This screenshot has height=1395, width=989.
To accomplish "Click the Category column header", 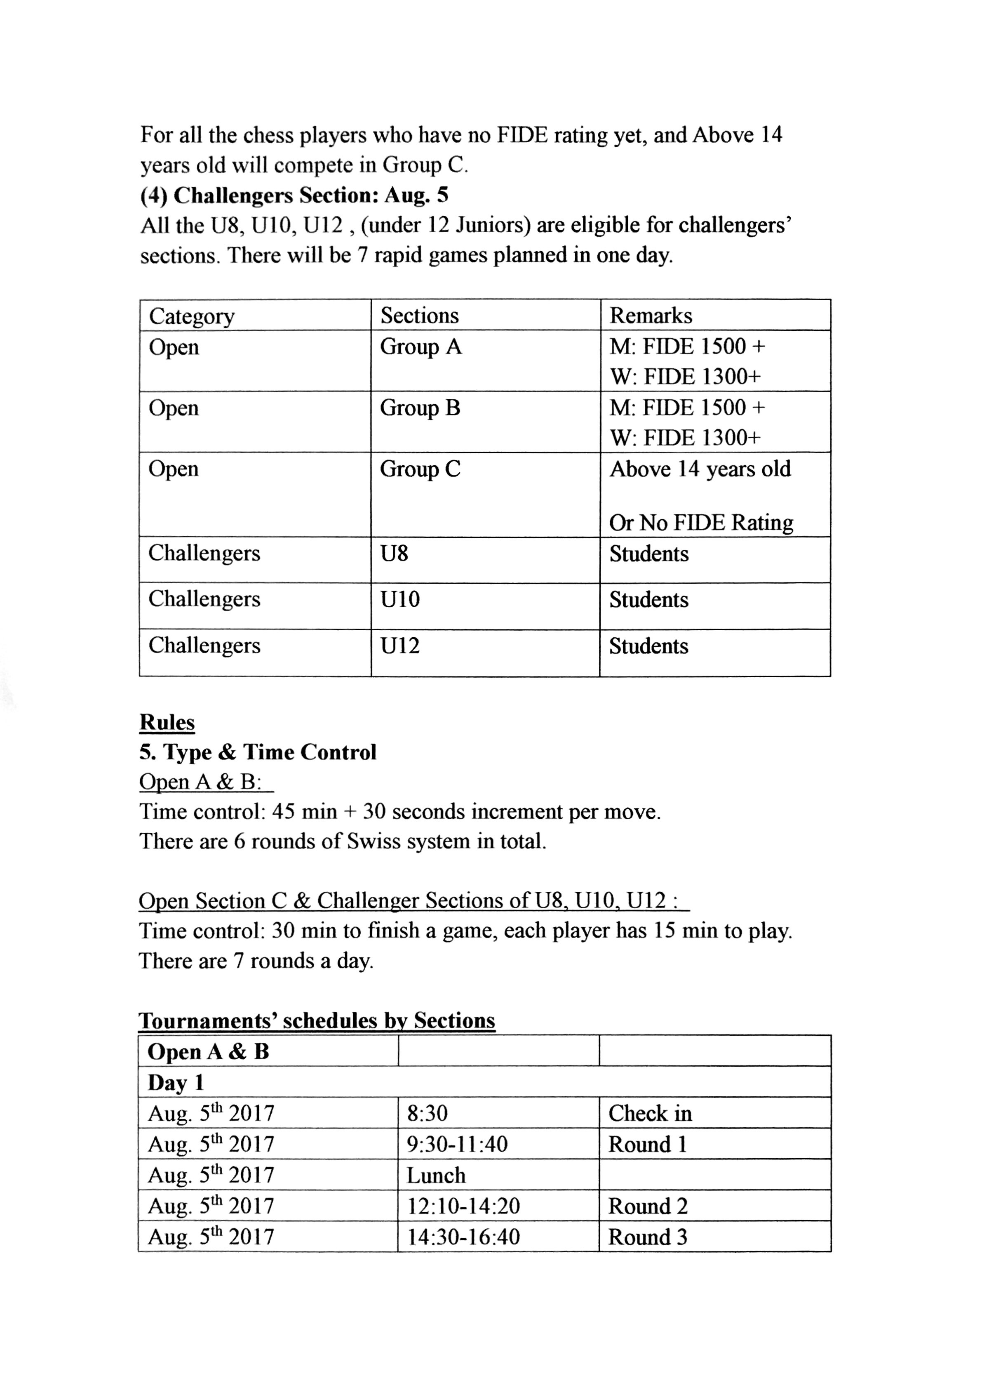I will [x=191, y=316].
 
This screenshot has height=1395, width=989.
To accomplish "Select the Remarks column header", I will [x=651, y=316].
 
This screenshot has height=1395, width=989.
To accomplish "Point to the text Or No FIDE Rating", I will [x=701, y=523].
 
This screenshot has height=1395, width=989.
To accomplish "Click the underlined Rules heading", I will [x=167, y=723].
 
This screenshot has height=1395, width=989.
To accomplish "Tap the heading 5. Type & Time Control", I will [x=258, y=752].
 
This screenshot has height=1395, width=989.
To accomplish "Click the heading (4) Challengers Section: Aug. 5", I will [x=294, y=196].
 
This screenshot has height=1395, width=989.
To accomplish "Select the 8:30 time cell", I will [x=427, y=1114].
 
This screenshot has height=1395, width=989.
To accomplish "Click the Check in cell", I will [x=650, y=1114].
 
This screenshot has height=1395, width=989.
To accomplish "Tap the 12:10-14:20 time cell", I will [x=463, y=1206].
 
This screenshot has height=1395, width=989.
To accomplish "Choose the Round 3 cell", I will [x=647, y=1237].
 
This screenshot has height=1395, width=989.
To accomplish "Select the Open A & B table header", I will [x=208, y=1051].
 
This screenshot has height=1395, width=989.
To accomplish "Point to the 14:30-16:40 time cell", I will [x=463, y=1237].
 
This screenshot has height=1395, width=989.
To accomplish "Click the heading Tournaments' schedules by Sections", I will [x=317, y=1020].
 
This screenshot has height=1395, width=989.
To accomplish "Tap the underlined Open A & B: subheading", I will [x=200, y=782].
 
